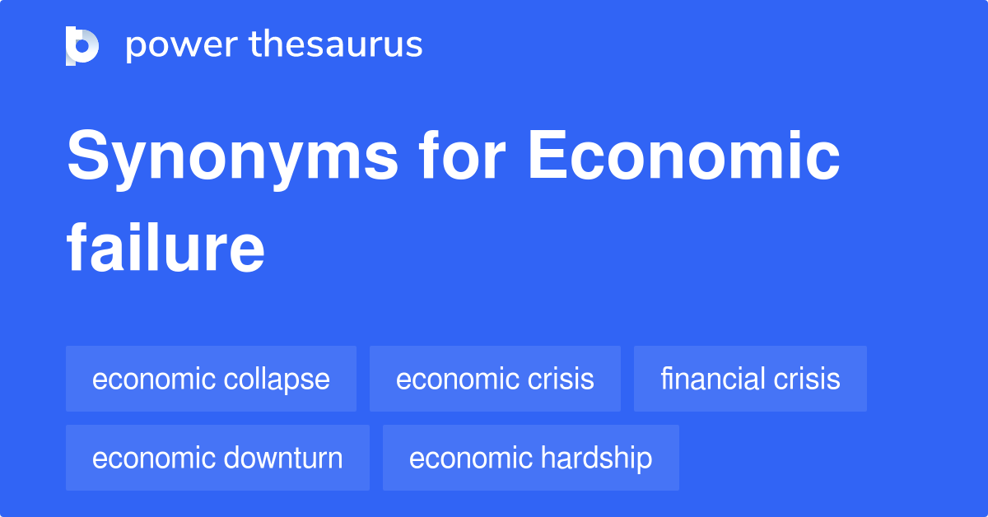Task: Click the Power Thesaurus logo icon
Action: pos(82,45)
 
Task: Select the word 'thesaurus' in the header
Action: pos(336,45)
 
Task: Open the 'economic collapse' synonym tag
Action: pos(211,379)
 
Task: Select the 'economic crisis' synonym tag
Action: pos(495,379)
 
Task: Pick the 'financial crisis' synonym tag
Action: pos(750,379)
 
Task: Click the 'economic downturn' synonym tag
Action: pos(217,458)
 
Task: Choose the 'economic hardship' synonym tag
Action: pos(530,458)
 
